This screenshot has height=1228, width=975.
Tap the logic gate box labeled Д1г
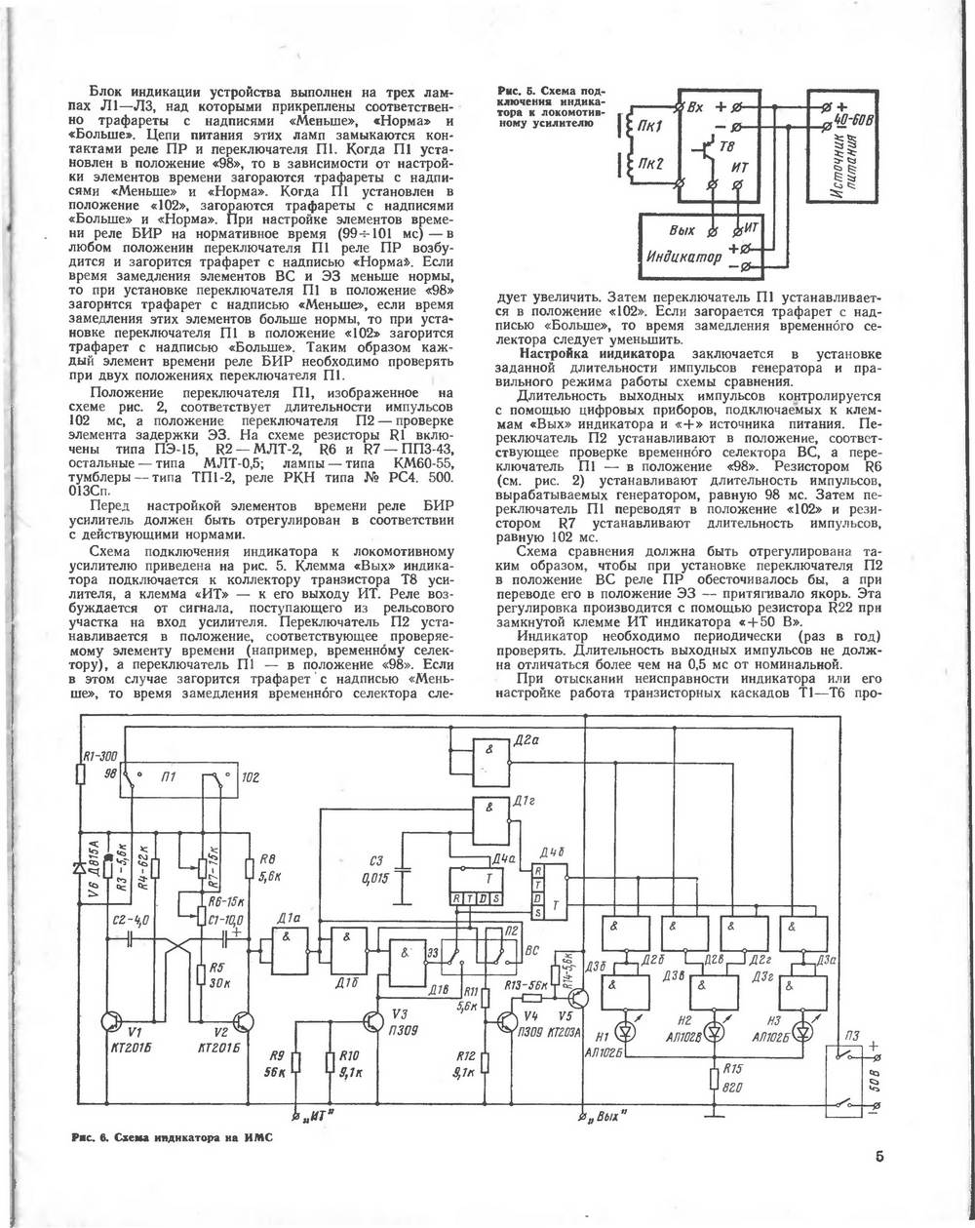pos(490,820)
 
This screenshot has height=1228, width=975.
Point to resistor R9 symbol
pos(295,1062)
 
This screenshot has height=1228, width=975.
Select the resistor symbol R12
pos(485,1062)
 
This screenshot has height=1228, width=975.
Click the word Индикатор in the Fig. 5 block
pos(684,257)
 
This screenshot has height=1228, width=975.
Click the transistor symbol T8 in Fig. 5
pos(705,150)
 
